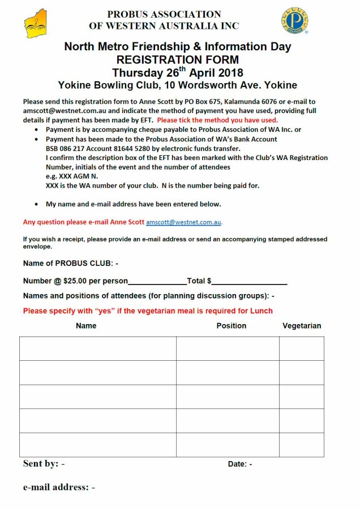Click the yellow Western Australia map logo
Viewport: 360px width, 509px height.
(x=36, y=23)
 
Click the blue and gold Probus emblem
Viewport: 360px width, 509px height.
(x=294, y=21)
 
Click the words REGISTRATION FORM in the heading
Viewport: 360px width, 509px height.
(x=177, y=60)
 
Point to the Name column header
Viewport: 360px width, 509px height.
(x=86, y=326)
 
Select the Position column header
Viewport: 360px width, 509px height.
(x=231, y=326)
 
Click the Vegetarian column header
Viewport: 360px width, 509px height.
(x=302, y=326)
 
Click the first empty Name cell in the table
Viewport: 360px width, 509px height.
(x=97, y=348)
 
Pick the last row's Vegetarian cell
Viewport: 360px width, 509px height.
(x=302, y=445)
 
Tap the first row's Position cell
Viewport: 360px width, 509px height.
(x=228, y=348)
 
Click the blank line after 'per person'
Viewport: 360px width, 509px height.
(x=157, y=282)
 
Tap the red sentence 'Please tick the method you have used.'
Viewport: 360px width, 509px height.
(x=217, y=120)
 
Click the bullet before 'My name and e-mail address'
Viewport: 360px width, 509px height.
(x=37, y=204)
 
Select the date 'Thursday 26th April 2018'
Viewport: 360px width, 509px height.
(x=177, y=73)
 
